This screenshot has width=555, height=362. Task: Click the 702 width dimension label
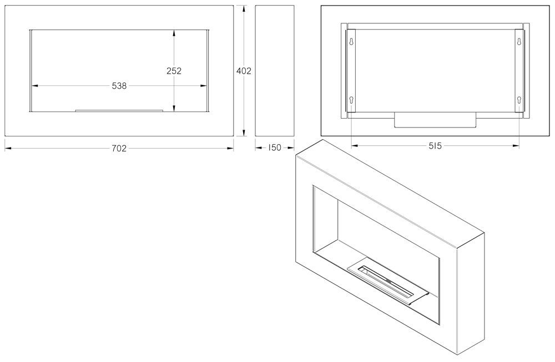[119, 149]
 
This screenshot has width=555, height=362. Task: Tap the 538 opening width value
[119, 86]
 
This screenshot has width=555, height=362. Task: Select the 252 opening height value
[174, 71]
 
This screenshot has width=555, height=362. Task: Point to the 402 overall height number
[244, 71]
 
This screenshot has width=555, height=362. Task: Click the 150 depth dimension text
[274, 148]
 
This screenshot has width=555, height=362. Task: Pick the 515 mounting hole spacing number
[435, 146]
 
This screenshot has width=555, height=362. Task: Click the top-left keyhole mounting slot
[351, 42]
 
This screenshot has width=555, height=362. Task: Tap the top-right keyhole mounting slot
[519, 42]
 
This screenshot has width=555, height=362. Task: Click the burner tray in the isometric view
[389, 284]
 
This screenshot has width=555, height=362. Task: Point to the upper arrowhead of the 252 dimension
[174, 33]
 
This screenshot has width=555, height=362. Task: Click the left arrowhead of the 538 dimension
[34, 85]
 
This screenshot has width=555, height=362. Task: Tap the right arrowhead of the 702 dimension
[230, 148]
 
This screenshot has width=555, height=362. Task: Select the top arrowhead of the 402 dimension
[244, 8]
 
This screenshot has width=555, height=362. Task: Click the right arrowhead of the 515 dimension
[516, 145]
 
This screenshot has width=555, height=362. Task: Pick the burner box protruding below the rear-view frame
[435, 120]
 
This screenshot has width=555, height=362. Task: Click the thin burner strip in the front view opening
[119, 111]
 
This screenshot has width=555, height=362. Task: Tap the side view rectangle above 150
[275, 70]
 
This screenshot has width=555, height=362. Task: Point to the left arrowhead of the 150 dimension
[259, 148]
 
